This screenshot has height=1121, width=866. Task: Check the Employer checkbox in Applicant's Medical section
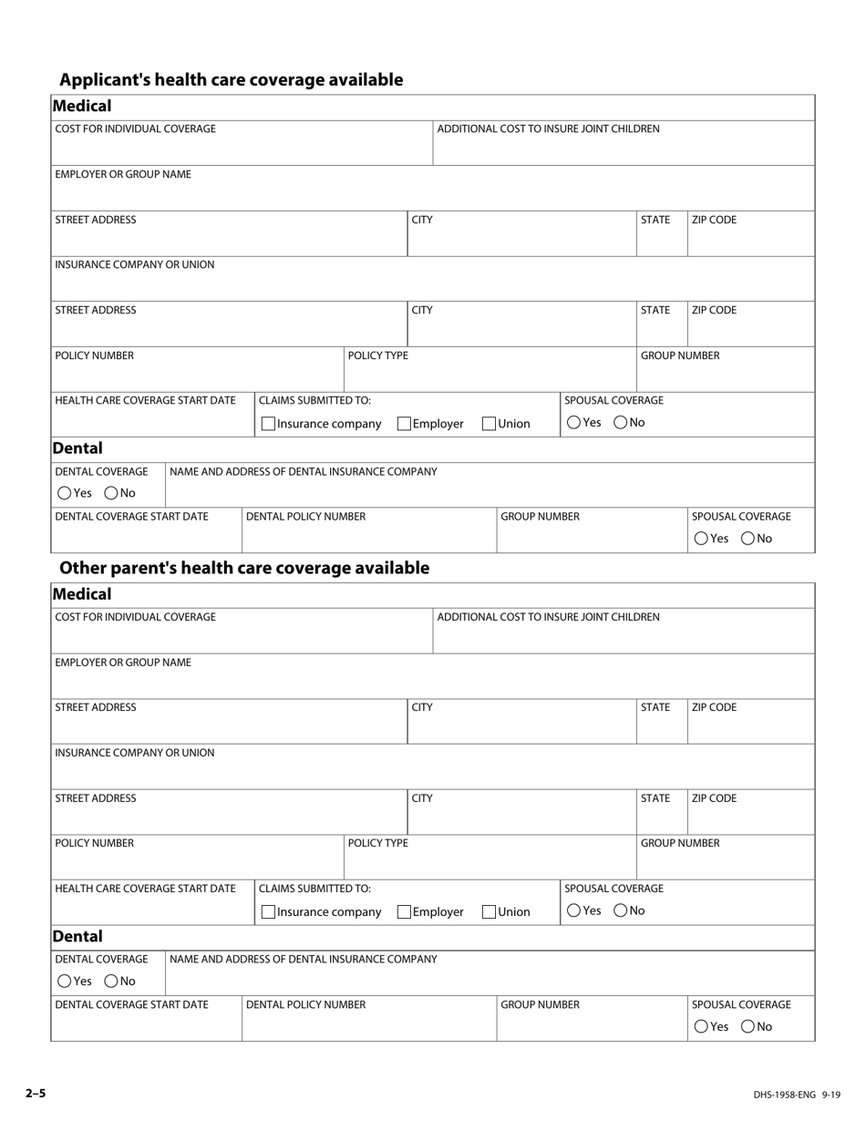click(404, 424)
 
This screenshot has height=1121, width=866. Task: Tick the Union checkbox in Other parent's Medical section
click(489, 911)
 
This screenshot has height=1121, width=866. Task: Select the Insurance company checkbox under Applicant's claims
click(268, 424)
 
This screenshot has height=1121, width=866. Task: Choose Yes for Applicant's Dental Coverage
click(64, 493)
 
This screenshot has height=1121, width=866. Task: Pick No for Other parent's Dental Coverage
click(111, 982)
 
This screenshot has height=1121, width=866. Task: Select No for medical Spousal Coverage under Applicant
click(620, 422)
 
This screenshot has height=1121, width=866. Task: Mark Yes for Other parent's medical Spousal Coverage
click(573, 910)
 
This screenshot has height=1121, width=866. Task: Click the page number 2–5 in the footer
click(35, 1093)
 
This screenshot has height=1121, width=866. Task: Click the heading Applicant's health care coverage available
click(231, 80)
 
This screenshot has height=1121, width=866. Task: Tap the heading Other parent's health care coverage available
click(243, 568)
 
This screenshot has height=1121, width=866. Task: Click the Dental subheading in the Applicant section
click(77, 448)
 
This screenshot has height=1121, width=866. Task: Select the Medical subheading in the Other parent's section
click(82, 594)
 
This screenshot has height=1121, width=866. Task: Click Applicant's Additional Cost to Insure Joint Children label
click(548, 129)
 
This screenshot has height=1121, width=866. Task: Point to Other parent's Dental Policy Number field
click(368, 1024)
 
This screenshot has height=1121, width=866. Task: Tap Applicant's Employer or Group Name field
click(432, 195)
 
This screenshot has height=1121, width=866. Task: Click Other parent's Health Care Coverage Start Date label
click(145, 889)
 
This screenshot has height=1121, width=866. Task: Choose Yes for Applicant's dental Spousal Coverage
click(700, 539)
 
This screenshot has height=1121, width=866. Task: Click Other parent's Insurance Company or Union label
click(135, 753)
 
